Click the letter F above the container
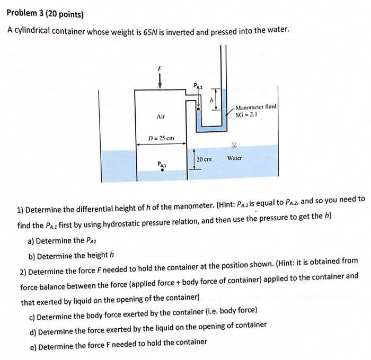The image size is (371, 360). (160, 68)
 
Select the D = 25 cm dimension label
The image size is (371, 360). (161, 139)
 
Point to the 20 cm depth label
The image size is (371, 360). (204, 159)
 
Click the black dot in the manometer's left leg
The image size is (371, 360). (198, 109)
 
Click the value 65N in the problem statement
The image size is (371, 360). (151, 31)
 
